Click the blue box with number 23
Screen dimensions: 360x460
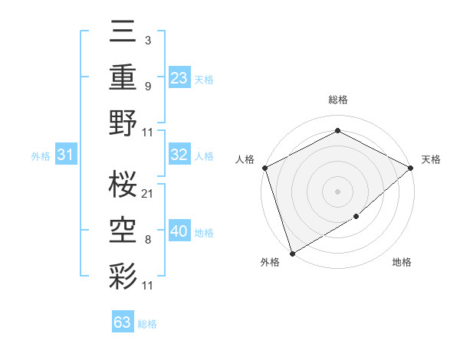(x=179, y=77)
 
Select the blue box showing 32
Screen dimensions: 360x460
(x=179, y=155)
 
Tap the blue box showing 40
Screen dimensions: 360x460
(x=179, y=231)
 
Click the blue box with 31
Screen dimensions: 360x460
(x=65, y=155)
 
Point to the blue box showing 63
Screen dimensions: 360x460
(x=122, y=322)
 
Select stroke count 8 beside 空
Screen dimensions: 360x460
(x=147, y=239)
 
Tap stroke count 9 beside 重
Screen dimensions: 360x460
(x=147, y=86)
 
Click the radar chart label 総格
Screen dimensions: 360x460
(x=337, y=100)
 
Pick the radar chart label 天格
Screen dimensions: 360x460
(x=431, y=159)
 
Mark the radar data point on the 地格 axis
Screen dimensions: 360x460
(x=356, y=218)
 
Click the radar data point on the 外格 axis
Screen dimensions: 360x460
(x=291, y=254)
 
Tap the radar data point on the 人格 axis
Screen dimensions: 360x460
(x=264, y=167)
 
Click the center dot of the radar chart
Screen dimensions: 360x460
(x=337, y=191)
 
